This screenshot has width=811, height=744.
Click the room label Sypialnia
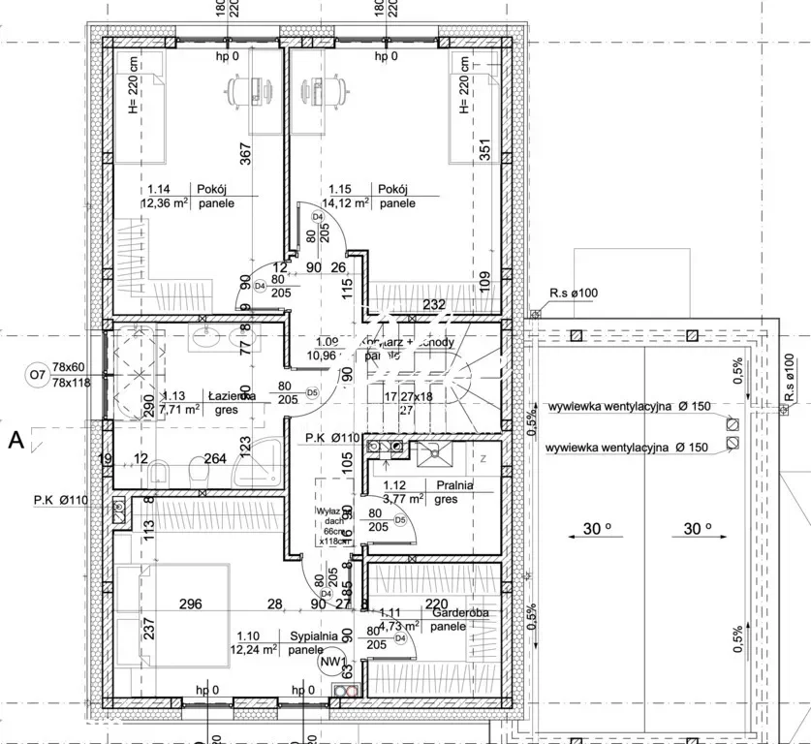313,635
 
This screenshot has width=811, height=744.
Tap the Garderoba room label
460,612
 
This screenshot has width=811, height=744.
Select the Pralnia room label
455,484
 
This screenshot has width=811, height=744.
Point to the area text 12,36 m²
166,203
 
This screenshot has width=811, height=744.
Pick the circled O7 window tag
37,374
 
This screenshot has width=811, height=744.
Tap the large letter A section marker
16,441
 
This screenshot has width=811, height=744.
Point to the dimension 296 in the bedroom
190,604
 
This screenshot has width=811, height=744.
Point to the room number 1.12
394,484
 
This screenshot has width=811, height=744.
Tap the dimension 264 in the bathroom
215,459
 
